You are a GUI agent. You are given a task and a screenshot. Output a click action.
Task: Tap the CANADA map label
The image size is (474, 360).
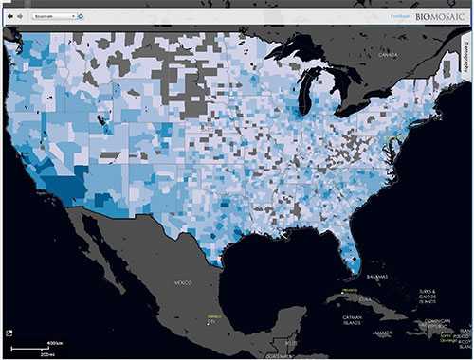[389, 56]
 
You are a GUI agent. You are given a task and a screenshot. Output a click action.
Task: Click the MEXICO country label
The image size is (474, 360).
[183, 283]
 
